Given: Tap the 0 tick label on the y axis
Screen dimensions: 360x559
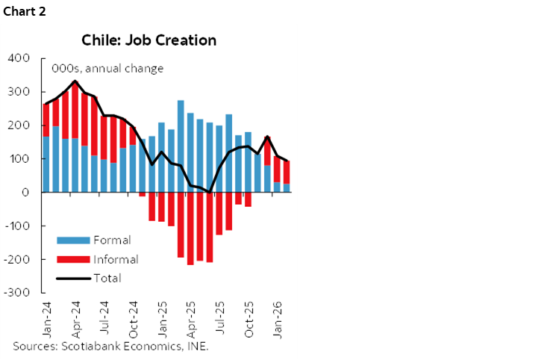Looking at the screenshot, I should click(x=25, y=193).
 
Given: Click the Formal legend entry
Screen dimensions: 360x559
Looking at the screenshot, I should click(x=112, y=240).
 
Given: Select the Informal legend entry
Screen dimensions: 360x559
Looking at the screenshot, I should click(x=116, y=259).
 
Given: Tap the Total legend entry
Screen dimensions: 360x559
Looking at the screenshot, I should click(x=107, y=278).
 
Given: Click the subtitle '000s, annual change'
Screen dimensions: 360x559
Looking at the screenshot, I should click(x=107, y=69).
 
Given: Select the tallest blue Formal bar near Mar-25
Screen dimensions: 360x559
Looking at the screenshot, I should click(x=181, y=146).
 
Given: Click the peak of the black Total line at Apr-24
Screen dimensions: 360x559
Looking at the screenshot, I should click(x=75, y=81).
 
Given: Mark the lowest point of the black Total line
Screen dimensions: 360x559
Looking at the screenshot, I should click(x=210, y=192).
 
